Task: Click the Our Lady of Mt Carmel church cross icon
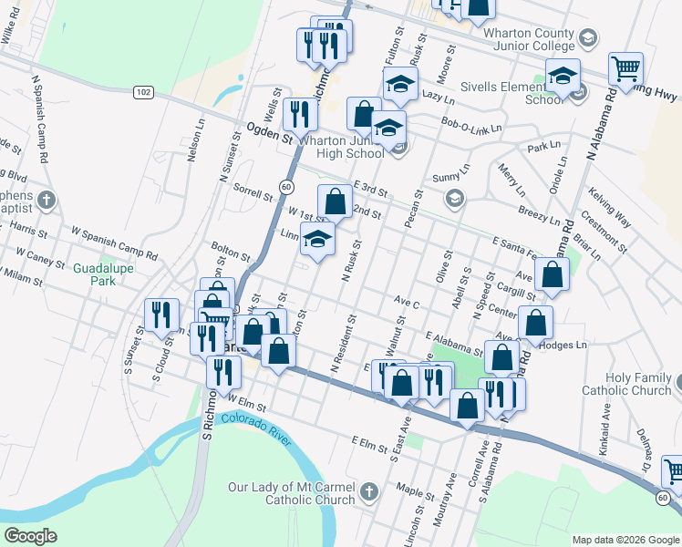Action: [x=368, y=492]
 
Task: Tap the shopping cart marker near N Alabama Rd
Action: [x=625, y=68]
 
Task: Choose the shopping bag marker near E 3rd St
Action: [x=335, y=201]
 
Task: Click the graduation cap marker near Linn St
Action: [x=316, y=241]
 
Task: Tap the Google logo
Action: [x=31, y=536]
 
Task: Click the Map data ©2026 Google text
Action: [x=625, y=540]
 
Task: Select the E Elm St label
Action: [x=369, y=443]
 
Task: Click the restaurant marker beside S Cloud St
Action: [x=161, y=315]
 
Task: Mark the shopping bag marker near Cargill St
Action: [x=552, y=273]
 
